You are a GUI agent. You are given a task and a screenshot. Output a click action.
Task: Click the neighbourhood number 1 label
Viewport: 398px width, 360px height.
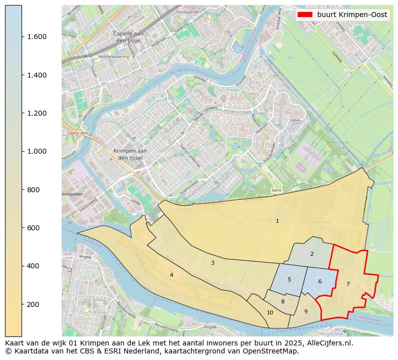(277, 221)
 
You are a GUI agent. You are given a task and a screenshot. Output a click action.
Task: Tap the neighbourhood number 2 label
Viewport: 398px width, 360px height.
(311, 254)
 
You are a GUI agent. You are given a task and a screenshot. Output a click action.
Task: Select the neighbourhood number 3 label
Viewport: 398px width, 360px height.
(213, 263)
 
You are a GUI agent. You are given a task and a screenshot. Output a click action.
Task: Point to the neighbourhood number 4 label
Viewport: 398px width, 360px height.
(171, 275)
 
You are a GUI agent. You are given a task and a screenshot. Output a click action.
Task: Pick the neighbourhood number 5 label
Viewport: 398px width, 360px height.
(289, 279)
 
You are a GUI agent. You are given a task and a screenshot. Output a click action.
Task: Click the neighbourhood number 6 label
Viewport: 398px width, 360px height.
(319, 281)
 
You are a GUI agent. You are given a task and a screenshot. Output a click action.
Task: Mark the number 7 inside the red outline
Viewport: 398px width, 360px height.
(348, 284)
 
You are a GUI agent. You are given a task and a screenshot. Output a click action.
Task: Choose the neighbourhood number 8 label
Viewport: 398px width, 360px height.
(283, 301)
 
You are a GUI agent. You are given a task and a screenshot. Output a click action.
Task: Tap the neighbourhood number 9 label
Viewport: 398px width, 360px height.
(305, 311)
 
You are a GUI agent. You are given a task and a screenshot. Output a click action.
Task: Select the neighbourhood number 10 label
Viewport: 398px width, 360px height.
(270, 312)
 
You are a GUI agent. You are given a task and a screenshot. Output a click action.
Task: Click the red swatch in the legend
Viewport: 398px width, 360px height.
(305, 15)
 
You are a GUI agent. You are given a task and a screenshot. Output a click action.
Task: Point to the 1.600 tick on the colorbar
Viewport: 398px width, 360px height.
(34, 37)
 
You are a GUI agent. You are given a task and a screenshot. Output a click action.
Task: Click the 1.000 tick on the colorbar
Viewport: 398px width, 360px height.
(34, 151)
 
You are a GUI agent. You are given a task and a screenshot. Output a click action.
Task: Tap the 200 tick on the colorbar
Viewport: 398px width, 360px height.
(34, 304)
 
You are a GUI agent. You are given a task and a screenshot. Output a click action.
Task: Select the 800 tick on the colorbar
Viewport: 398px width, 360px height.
(34, 190)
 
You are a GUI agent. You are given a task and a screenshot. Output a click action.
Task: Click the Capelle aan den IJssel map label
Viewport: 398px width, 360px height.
(129, 37)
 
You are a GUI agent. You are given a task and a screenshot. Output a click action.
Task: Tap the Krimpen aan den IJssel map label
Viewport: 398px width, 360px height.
(130, 154)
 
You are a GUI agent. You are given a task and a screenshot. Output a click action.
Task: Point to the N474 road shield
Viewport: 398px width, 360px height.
(276, 190)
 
